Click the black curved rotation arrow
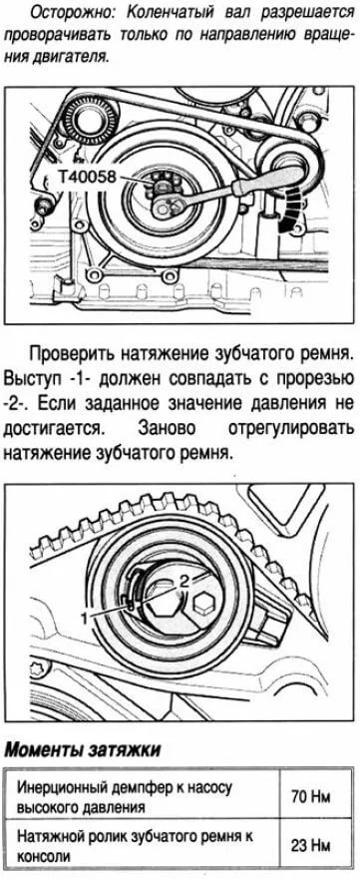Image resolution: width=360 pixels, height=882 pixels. tap(289, 209)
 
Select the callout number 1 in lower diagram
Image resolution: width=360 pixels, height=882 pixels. tap(84, 617)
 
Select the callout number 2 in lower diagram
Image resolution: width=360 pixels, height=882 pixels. tap(182, 579)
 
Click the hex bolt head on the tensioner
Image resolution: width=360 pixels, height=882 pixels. tap(204, 604)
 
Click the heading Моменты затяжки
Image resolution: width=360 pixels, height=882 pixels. tap(82, 750)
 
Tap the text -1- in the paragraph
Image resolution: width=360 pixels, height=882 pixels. tap(78, 379)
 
